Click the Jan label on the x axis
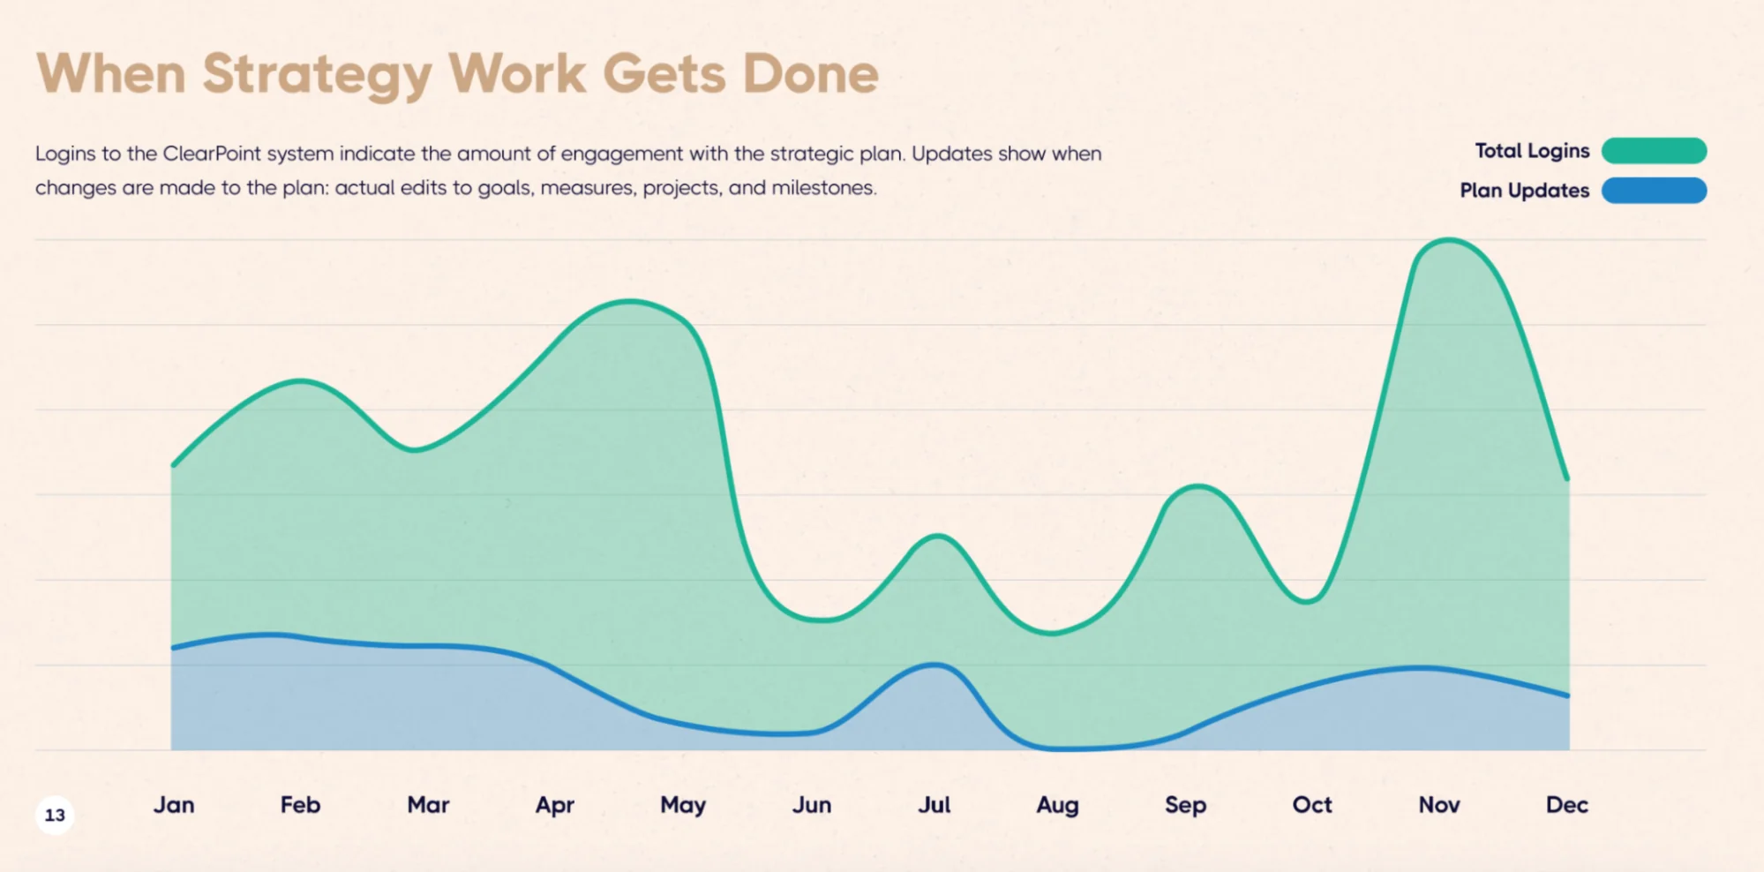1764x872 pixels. pos(174,805)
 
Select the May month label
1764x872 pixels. pos(683,805)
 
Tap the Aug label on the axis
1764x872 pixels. pos(1057,805)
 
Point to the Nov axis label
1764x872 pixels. pos(1439,805)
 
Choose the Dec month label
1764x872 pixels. pos(1566,805)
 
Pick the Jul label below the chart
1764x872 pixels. pos(934,805)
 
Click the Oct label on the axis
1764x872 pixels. pos(1312,805)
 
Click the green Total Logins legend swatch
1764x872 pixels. pos(1654,151)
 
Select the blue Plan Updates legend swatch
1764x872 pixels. pos(1654,191)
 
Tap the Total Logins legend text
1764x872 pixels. pos(1532,151)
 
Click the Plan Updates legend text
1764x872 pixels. pos(1524,191)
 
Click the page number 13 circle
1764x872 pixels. pos(55,815)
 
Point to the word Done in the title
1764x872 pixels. pos(811,73)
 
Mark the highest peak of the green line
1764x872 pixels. pos(1448,239)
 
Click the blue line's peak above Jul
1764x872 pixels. pos(935,665)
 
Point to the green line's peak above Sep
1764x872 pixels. pos(1197,485)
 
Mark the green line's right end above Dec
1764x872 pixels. pos(1567,478)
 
